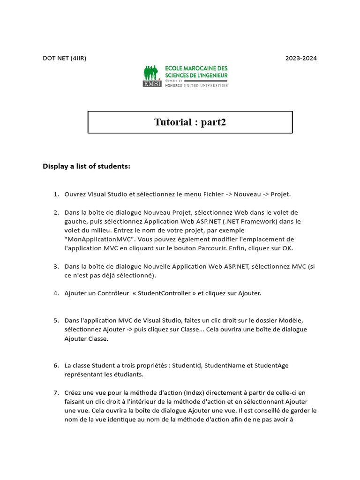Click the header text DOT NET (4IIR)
point(64,58)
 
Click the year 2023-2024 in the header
point(301,58)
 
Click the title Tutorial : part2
point(190,122)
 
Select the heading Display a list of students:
point(86,166)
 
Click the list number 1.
point(56,194)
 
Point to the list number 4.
point(56,293)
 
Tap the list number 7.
point(56,392)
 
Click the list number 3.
point(56,266)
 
